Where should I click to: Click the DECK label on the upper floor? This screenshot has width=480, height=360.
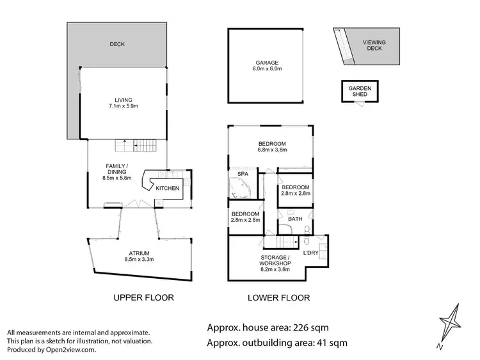(117, 44)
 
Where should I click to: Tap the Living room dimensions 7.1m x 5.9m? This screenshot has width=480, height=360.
(124, 106)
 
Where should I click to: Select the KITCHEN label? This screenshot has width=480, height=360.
(168, 188)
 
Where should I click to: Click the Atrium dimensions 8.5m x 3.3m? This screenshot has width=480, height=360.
(139, 260)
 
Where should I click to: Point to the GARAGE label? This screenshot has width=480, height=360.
(267, 63)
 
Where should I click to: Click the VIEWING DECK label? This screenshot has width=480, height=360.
(374, 45)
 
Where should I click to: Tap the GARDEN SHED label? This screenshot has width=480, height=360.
(360, 91)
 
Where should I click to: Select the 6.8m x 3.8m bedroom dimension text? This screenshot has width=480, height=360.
(272, 150)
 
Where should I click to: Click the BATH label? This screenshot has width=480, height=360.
(295, 219)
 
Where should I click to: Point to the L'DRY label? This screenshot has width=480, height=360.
(310, 253)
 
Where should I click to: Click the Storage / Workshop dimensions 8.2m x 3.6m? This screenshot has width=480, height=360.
(275, 269)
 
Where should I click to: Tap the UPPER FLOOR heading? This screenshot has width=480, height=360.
(143, 297)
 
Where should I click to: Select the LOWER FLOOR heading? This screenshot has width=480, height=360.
(278, 297)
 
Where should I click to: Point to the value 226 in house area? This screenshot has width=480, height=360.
(300, 327)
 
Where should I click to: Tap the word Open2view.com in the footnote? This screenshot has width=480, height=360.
(70, 350)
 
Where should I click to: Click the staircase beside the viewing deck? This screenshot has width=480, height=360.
(344, 47)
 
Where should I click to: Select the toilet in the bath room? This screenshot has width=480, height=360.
(307, 230)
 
